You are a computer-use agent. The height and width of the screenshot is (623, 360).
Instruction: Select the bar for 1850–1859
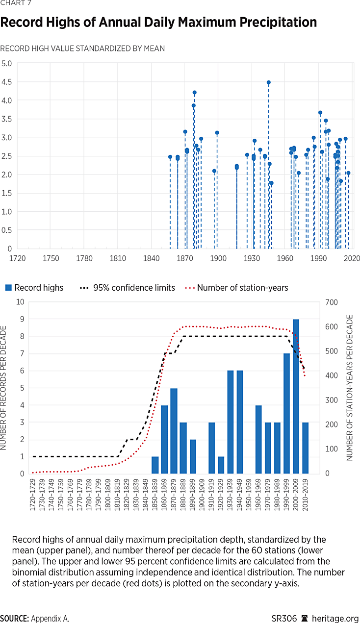[x=155, y=465]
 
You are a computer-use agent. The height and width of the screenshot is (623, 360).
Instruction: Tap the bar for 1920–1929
[x=221, y=465]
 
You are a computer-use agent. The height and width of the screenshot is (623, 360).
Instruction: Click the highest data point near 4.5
[x=268, y=82]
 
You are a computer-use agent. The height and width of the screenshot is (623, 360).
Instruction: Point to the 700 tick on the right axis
[x=332, y=302]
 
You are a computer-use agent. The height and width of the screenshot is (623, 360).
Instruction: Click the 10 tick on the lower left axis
[x=20, y=302]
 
